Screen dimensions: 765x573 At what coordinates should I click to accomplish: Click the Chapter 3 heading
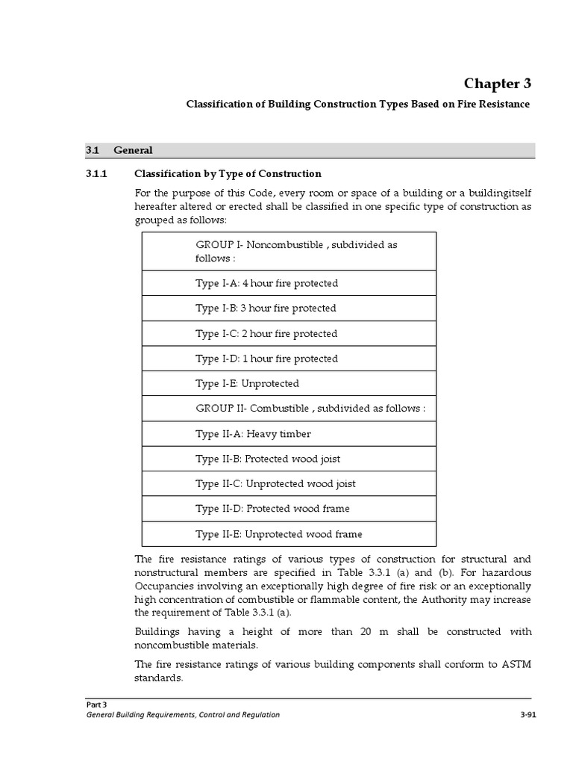497,83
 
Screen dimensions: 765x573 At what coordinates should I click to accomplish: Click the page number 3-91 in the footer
527,715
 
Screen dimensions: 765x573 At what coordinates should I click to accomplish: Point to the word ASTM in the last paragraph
516,664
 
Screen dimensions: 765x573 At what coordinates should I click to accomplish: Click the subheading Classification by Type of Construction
228,174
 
